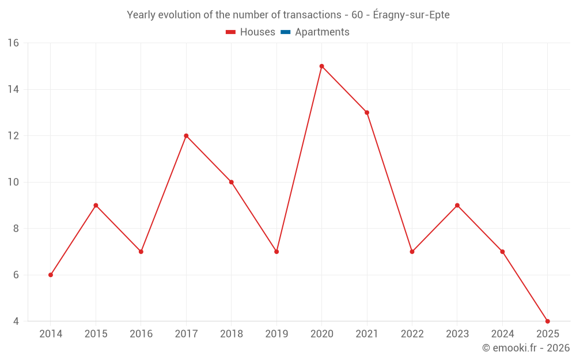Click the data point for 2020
(321, 66)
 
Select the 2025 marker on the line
(547, 321)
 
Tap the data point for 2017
(186, 136)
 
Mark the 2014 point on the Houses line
(51, 275)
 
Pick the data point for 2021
(367, 112)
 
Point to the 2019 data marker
(276, 252)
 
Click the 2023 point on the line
(457, 205)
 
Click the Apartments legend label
(322, 32)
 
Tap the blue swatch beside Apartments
(285, 32)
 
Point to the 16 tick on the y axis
(13, 43)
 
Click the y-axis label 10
(13, 182)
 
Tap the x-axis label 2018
(231, 334)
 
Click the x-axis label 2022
(412, 334)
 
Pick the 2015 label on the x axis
(96, 334)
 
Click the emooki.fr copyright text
(525, 348)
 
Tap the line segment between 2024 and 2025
(525, 286)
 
